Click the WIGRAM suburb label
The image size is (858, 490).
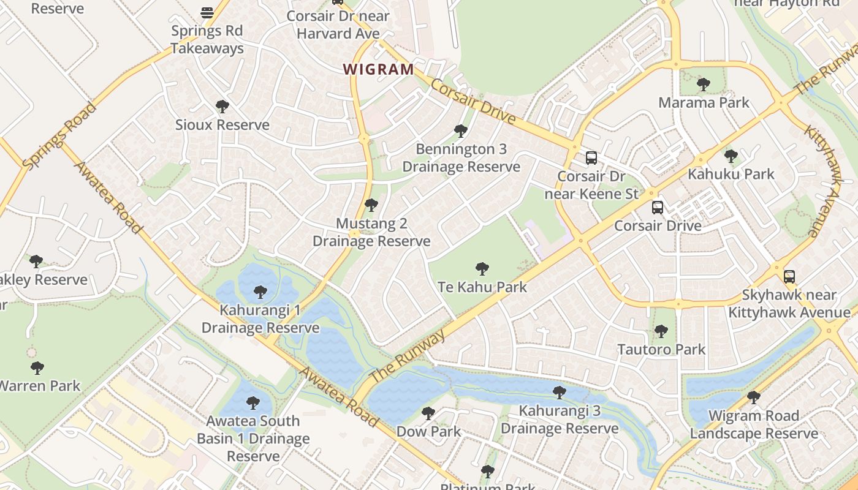(x=378, y=69)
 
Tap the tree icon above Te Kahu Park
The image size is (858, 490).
(x=482, y=268)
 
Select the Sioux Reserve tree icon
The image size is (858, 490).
(x=222, y=107)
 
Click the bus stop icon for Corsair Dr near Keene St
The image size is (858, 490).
(x=591, y=158)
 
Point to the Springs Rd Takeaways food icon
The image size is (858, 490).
(x=207, y=12)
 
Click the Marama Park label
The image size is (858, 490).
(x=704, y=102)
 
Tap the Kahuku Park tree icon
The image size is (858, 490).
(x=731, y=156)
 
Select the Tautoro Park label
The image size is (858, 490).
(x=661, y=350)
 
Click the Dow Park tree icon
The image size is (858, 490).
(x=428, y=413)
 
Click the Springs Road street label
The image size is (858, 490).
(x=59, y=137)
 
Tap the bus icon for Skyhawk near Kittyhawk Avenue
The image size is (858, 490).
(x=789, y=276)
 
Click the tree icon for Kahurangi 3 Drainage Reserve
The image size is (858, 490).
(x=559, y=392)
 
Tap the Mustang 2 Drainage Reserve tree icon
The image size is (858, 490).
(x=371, y=205)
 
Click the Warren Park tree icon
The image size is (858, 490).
(x=37, y=368)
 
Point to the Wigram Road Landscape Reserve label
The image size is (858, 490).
(x=754, y=424)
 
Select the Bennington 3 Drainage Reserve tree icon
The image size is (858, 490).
(x=460, y=130)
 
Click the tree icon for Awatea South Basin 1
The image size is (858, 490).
(x=252, y=402)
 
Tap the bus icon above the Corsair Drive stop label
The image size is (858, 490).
(x=657, y=208)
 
